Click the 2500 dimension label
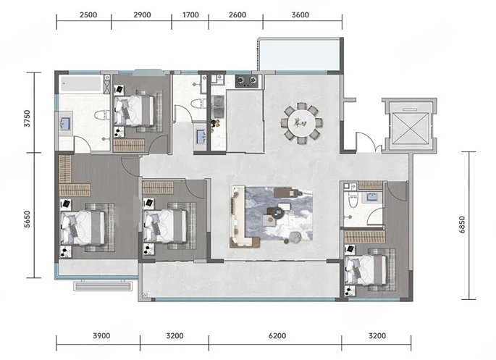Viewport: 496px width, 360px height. click(x=88, y=15)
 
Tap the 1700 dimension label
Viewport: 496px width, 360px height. click(x=190, y=15)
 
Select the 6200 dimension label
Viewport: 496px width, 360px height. click(x=277, y=335)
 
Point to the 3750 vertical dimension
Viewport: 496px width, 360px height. click(x=28, y=118)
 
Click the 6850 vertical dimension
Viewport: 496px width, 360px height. click(x=462, y=225)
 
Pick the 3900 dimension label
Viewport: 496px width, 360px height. click(x=101, y=335)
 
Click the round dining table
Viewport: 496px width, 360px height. click(x=301, y=122)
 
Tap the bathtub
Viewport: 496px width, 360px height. click(x=81, y=84)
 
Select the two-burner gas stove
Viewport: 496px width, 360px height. click(x=247, y=81)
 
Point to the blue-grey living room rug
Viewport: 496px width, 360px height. click(x=279, y=214)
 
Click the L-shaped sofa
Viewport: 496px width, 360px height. click(x=240, y=217)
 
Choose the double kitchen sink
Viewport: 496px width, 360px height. click(x=218, y=106)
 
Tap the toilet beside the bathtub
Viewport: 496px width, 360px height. click(x=102, y=114)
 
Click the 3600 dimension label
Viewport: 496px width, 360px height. click(x=300, y=15)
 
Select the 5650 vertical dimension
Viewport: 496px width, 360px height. click(x=28, y=219)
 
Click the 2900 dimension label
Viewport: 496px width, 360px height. click(x=142, y=15)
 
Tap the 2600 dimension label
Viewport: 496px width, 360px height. click(x=238, y=15)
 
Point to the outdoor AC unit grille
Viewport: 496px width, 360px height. click(x=103, y=286)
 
